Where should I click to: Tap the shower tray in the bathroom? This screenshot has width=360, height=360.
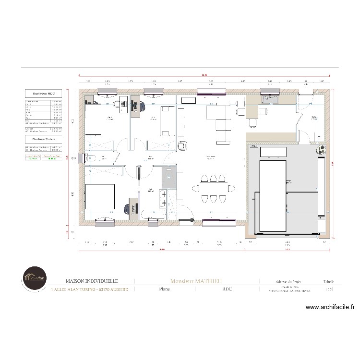point(169,179)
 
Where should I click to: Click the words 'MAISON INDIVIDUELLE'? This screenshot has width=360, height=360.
point(91,281)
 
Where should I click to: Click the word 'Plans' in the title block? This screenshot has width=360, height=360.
point(164,289)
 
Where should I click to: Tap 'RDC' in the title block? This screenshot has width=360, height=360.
point(227,289)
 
